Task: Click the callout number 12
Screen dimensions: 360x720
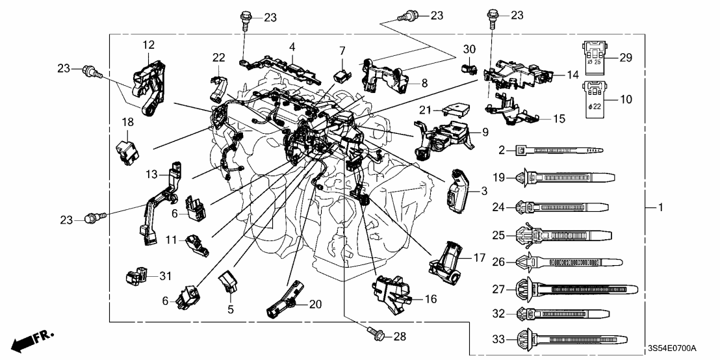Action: tap(149, 44)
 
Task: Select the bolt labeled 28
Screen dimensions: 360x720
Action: tap(375, 335)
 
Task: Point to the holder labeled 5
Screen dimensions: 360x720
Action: tap(229, 283)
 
